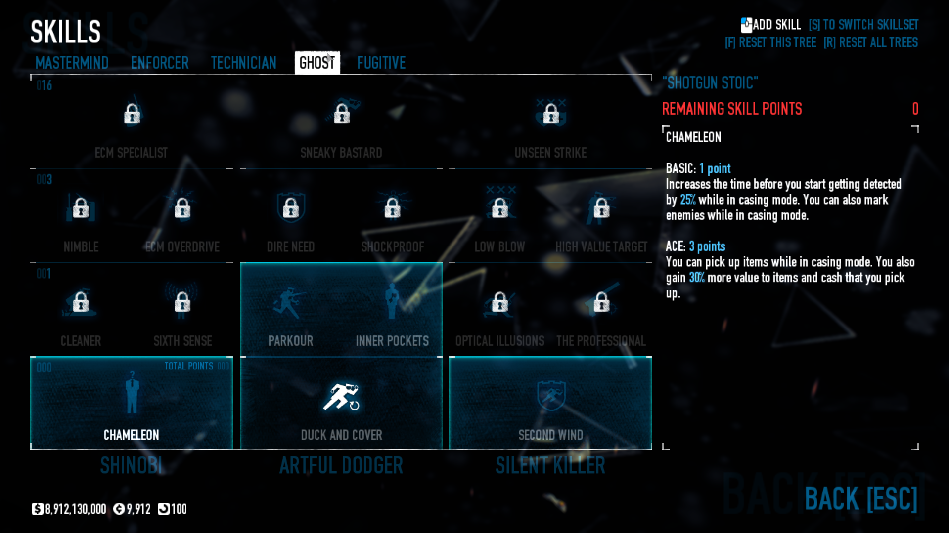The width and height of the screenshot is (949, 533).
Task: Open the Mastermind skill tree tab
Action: pos(72,63)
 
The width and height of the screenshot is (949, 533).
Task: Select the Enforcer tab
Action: pos(160,63)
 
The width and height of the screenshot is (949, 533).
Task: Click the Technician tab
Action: pos(243,63)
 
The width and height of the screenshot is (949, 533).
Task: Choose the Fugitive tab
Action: pos(381,63)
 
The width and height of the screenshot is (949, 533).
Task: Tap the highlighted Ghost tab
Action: pos(317,63)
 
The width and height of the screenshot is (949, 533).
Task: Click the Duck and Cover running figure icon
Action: pos(341,397)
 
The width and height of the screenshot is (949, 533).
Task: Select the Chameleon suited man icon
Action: pos(132,393)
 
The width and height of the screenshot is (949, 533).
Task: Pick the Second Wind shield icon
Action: pos(550,395)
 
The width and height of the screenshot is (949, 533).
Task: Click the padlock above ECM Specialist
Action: pos(132,114)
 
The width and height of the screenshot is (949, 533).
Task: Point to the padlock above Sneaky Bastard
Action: pos(342,114)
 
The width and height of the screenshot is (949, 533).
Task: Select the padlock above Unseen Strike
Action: pos(551,114)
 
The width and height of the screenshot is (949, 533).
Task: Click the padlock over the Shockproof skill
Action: pos(392,208)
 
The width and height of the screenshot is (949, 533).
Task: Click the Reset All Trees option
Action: pos(871,42)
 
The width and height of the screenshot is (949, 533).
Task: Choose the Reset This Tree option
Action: pos(770,42)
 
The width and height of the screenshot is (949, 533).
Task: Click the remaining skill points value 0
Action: pos(915,109)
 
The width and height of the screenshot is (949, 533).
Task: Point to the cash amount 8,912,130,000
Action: pos(75,509)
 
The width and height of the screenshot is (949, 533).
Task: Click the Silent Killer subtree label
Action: pos(550,465)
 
